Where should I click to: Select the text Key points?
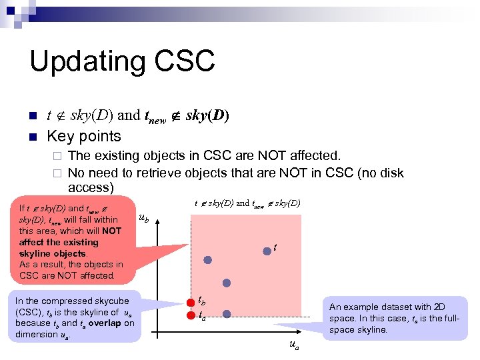[83, 136]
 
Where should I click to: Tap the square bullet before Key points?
[33, 137]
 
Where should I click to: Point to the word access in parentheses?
[91, 188]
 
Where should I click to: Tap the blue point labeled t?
[267, 250]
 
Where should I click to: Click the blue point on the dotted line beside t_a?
[226, 313]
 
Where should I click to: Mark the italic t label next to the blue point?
[275, 248]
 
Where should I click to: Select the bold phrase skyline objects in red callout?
[53, 254]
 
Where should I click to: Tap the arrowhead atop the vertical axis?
[157, 221]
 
